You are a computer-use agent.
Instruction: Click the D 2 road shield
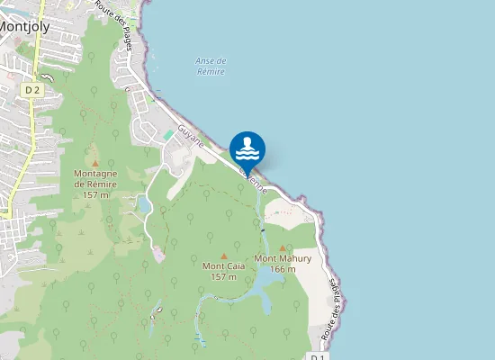pyautogui.click(x=32, y=89)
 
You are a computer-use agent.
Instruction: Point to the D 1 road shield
pyautogui.click(x=317, y=357)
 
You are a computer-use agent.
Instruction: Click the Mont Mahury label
pyautogui.click(x=283, y=258)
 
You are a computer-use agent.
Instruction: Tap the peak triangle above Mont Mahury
pyautogui.click(x=283, y=247)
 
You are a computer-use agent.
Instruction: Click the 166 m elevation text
pyautogui.click(x=283, y=268)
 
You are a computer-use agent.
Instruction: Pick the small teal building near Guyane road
pyautogui.click(x=168, y=134)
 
